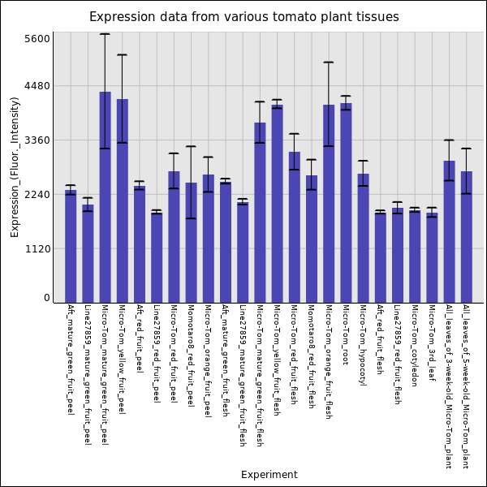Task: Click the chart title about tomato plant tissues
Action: click(x=243, y=17)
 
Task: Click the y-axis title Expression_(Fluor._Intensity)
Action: click(x=15, y=166)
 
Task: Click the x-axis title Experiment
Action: click(x=269, y=475)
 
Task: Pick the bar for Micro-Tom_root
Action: click(x=346, y=203)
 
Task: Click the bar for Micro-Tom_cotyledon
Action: click(x=415, y=256)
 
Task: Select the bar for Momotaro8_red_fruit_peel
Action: click(x=191, y=243)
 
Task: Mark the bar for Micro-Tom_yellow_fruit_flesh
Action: click(x=277, y=204)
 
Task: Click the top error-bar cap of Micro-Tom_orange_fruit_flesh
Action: click(x=329, y=62)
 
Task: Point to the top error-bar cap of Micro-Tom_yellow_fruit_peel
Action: click(x=122, y=55)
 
